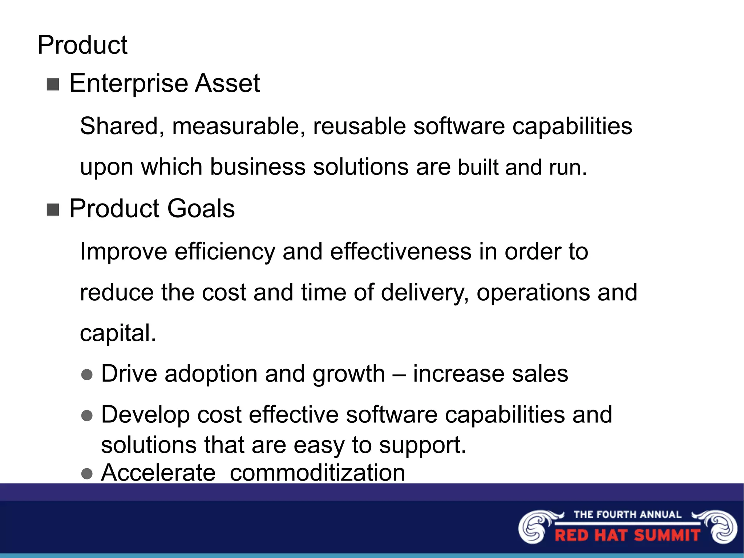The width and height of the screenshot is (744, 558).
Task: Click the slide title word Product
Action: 82,45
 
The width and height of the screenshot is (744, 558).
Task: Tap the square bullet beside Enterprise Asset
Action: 53,85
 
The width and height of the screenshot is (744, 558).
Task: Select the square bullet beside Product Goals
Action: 53,210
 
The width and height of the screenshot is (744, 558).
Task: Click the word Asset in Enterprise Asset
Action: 227,83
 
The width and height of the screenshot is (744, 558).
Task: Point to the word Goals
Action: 201,209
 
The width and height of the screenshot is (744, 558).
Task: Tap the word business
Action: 258,167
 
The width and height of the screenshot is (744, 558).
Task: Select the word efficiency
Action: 225,251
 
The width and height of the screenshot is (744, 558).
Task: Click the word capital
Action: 118,333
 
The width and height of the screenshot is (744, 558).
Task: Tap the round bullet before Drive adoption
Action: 87,375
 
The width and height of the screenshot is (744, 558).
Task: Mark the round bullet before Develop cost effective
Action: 87,416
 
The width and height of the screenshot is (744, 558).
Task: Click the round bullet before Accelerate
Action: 87,474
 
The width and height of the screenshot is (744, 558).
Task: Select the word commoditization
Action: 317,473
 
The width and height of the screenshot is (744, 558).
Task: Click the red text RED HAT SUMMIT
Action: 627,535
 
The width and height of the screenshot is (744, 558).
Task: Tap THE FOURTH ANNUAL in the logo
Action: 627,514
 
